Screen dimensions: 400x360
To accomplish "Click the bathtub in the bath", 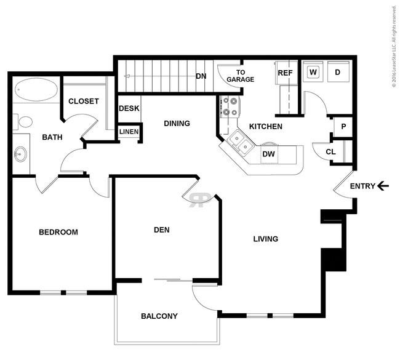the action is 36,89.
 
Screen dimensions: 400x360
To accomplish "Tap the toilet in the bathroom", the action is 23,122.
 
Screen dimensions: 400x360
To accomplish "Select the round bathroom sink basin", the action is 20,154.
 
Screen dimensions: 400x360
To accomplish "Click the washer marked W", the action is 313,72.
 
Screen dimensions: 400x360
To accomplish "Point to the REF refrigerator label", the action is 285,73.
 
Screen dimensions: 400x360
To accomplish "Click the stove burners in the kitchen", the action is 230,106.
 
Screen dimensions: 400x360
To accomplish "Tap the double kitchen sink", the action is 241,142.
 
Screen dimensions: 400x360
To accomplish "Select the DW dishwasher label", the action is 269,154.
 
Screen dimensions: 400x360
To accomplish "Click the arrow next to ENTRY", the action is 383,186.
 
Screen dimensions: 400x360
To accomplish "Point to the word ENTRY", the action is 362,186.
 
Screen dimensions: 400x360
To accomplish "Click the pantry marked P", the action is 343,127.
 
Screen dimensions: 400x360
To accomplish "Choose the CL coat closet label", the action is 330,152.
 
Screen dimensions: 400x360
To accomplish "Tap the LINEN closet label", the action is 129,132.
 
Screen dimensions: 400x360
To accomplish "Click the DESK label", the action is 129,108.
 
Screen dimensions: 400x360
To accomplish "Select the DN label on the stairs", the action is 201,76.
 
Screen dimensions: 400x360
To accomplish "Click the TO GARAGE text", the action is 240,76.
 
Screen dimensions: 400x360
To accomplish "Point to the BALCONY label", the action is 159,316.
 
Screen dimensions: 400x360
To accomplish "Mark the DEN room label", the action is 162,230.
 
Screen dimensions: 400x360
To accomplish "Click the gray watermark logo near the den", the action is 200,200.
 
